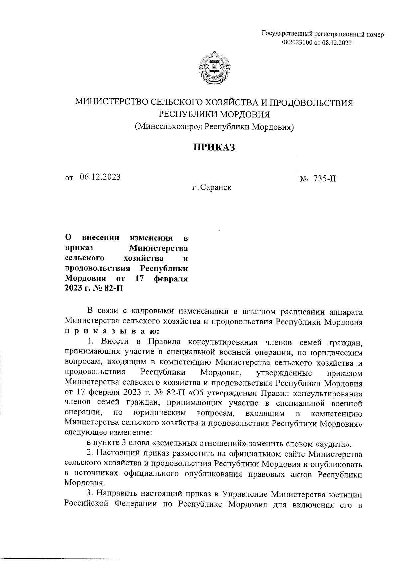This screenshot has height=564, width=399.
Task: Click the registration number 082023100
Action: coord(297,42)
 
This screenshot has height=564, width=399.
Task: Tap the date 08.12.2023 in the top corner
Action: coord(336,42)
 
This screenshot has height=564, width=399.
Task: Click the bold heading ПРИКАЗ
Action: coord(214,147)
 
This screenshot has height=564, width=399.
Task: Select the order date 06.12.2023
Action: coord(100,177)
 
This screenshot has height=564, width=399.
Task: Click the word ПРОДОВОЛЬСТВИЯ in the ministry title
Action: coord(311,103)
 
